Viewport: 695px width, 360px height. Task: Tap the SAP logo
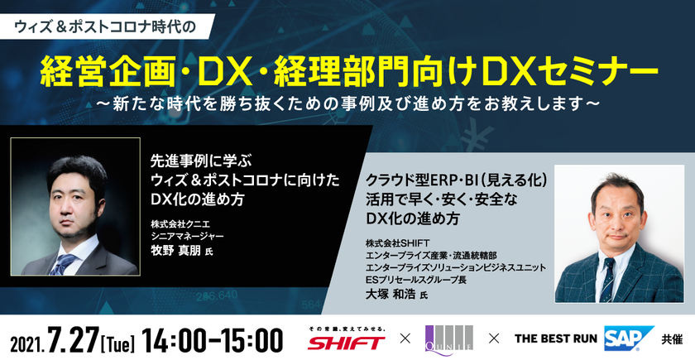(625, 338)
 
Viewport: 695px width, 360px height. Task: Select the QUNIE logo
(448, 338)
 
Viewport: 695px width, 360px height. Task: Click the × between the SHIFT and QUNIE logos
(405, 339)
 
